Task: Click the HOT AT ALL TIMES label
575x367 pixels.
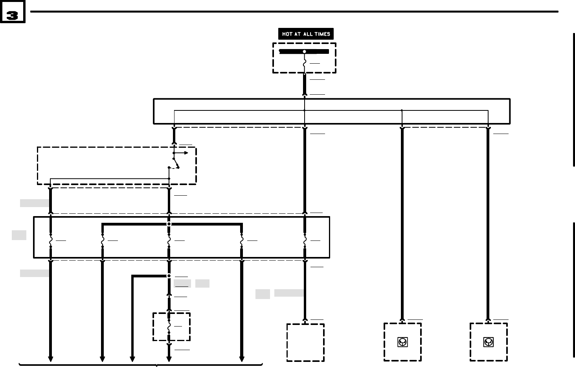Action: point(306,34)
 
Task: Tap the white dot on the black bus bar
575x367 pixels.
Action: point(304,51)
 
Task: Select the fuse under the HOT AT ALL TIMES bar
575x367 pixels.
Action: point(305,63)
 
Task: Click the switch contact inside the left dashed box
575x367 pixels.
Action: point(176,163)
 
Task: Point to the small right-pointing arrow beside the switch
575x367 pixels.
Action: point(186,153)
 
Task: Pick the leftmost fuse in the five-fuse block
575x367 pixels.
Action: point(51,240)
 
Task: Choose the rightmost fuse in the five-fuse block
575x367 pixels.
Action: point(305,240)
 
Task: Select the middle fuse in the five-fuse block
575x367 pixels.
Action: point(169,240)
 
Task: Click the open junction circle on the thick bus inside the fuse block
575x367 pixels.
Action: point(169,224)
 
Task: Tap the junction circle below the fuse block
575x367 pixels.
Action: point(169,276)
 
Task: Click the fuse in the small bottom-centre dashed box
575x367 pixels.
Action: point(169,327)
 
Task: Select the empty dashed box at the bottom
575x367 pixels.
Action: point(305,342)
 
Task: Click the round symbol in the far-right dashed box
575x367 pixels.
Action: point(488,342)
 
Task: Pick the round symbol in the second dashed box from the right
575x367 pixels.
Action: point(402,342)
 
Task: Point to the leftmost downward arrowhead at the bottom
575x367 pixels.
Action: point(51,359)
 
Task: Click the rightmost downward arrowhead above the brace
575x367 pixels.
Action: point(242,359)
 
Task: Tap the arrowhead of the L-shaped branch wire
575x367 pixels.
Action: point(132,359)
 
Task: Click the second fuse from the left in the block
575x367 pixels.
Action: point(103,240)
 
